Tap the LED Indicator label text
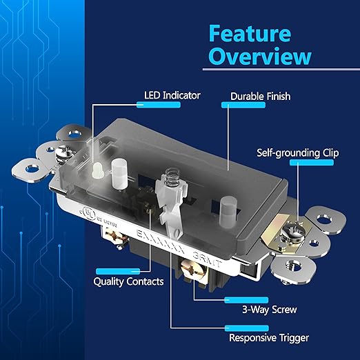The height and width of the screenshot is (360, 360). pyautogui.click(x=172, y=95)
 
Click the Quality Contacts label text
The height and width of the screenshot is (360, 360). pyautogui.click(x=128, y=281)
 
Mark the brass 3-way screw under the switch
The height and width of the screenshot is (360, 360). pyautogui.click(x=190, y=270)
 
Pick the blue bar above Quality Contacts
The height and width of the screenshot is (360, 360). pyautogui.click(x=118, y=271)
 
